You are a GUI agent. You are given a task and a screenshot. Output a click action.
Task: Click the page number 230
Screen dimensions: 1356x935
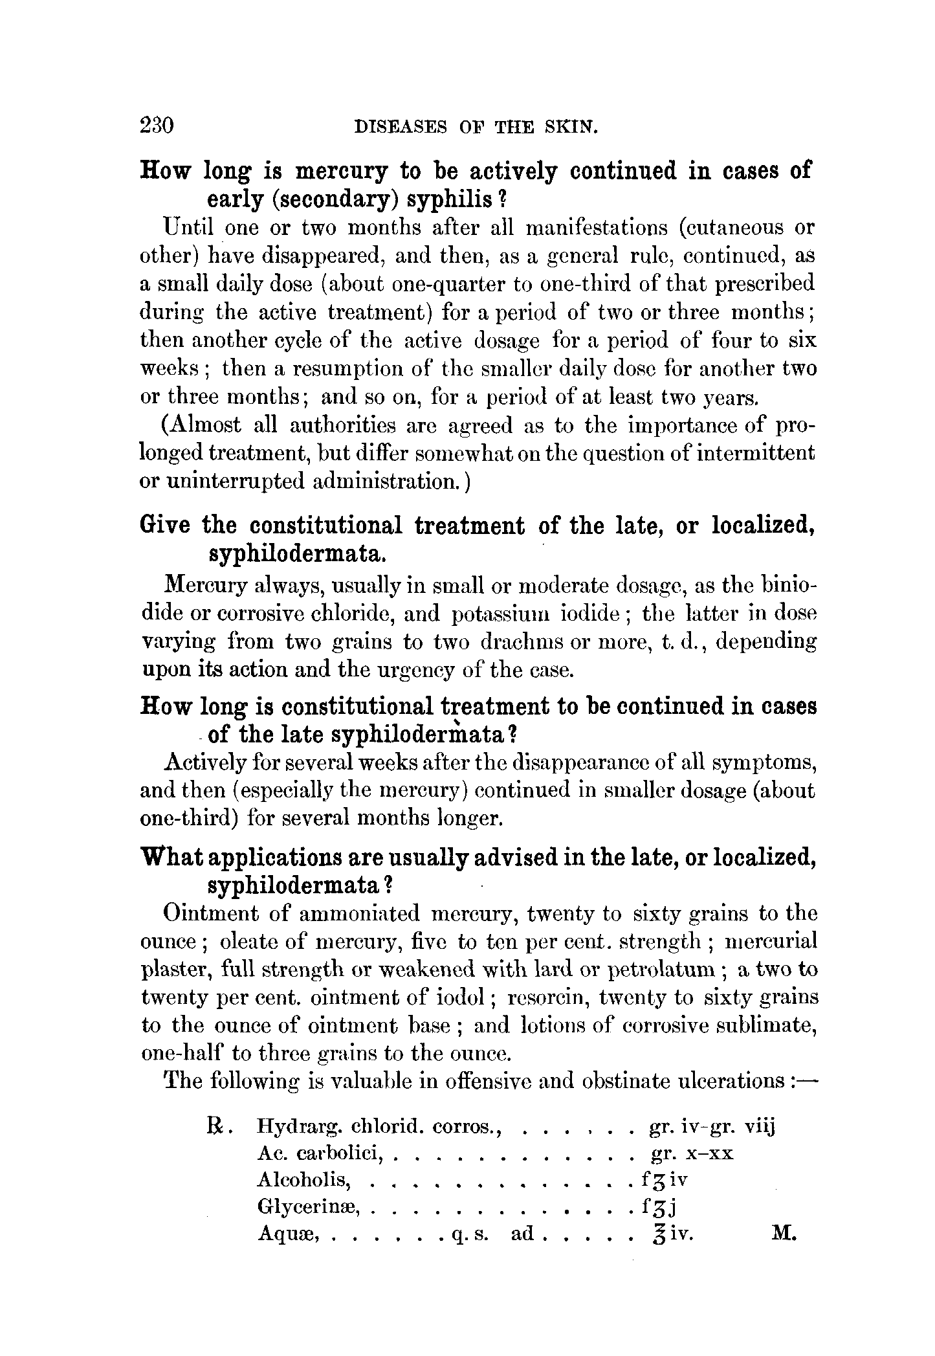[x=157, y=124]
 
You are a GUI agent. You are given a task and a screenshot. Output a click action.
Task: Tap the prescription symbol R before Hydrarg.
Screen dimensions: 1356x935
[x=215, y=1128]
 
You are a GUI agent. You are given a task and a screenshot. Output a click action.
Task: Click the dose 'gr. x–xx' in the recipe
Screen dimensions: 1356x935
[x=691, y=1154]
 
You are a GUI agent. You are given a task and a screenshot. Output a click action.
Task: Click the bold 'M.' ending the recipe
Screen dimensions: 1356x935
[x=784, y=1234]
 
